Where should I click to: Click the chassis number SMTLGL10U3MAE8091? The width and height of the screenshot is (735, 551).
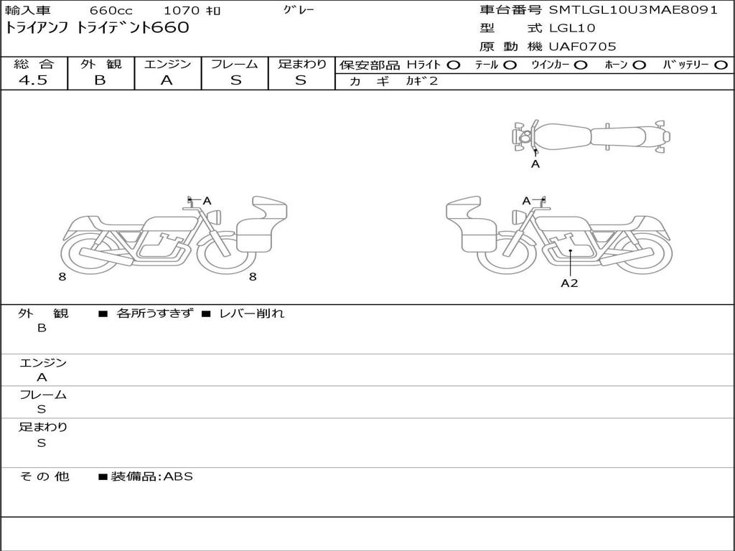(633, 10)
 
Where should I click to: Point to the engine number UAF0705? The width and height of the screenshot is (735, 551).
(583, 47)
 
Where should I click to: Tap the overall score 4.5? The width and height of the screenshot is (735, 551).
(33, 80)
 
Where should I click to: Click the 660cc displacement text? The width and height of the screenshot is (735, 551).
(111, 10)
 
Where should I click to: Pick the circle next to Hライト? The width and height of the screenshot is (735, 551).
(454, 65)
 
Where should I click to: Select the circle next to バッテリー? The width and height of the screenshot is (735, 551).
(721, 65)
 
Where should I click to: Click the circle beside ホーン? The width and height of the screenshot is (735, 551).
(639, 65)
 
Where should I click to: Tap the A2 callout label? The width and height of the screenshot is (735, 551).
(569, 283)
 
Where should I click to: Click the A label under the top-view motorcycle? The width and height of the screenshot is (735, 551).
(535, 164)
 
